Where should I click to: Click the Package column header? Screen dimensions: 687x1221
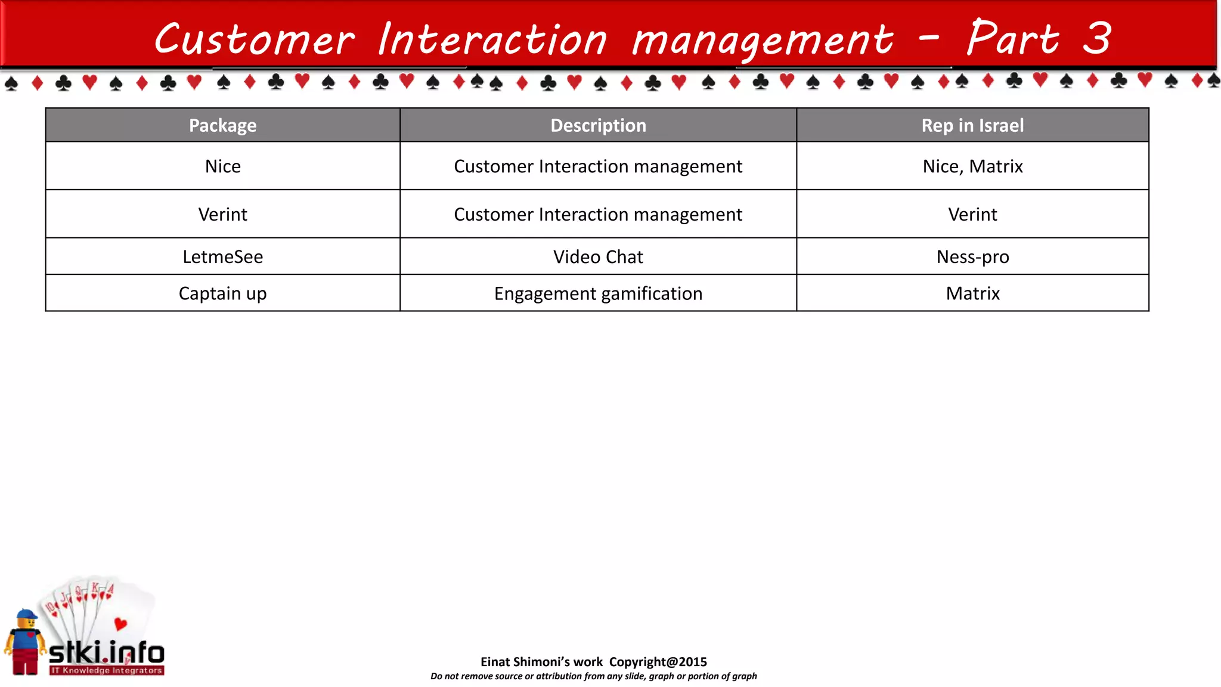tap(222, 125)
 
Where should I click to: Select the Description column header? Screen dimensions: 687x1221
tap(598, 125)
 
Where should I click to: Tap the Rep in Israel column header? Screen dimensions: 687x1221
tap(972, 125)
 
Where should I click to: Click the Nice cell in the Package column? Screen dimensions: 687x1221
tap(222, 166)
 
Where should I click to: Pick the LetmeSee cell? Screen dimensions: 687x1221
tap(222, 256)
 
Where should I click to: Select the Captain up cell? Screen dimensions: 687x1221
tap(222, 293)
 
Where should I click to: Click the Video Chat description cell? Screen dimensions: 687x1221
tap(598, 256)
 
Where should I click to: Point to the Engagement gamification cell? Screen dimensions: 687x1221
tap(598, 293)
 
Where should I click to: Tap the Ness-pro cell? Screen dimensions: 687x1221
tap(972, 256)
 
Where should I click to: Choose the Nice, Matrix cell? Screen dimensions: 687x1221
tap(972, 166)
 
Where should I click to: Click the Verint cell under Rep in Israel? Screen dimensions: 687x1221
tap(972, 214)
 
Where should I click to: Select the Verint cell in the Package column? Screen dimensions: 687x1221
tap(222, 214)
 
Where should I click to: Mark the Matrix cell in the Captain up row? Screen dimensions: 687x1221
tap(972, 293)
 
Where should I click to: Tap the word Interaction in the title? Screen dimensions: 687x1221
tap(492, 39)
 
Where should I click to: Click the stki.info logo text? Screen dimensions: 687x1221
tap(106, 653)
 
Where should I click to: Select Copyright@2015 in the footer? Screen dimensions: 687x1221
tap(658, 661)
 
